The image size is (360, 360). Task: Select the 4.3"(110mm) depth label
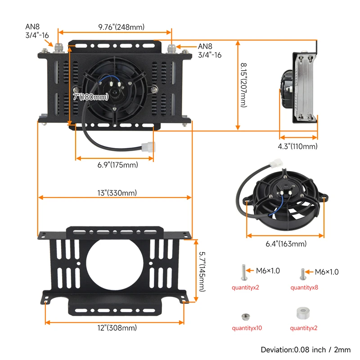[297, 146]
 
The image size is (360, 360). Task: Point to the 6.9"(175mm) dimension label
[117, 165]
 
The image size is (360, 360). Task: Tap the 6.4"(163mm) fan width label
[286, 244]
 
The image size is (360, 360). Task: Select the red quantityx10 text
[247, 328]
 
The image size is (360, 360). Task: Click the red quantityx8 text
[304, 287]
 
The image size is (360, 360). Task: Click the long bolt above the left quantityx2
[243, 272]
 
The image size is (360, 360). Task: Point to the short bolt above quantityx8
[303, 273]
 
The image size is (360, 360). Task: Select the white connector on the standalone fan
[275, 166]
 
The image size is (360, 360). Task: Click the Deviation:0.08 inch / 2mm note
[306, 350]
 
